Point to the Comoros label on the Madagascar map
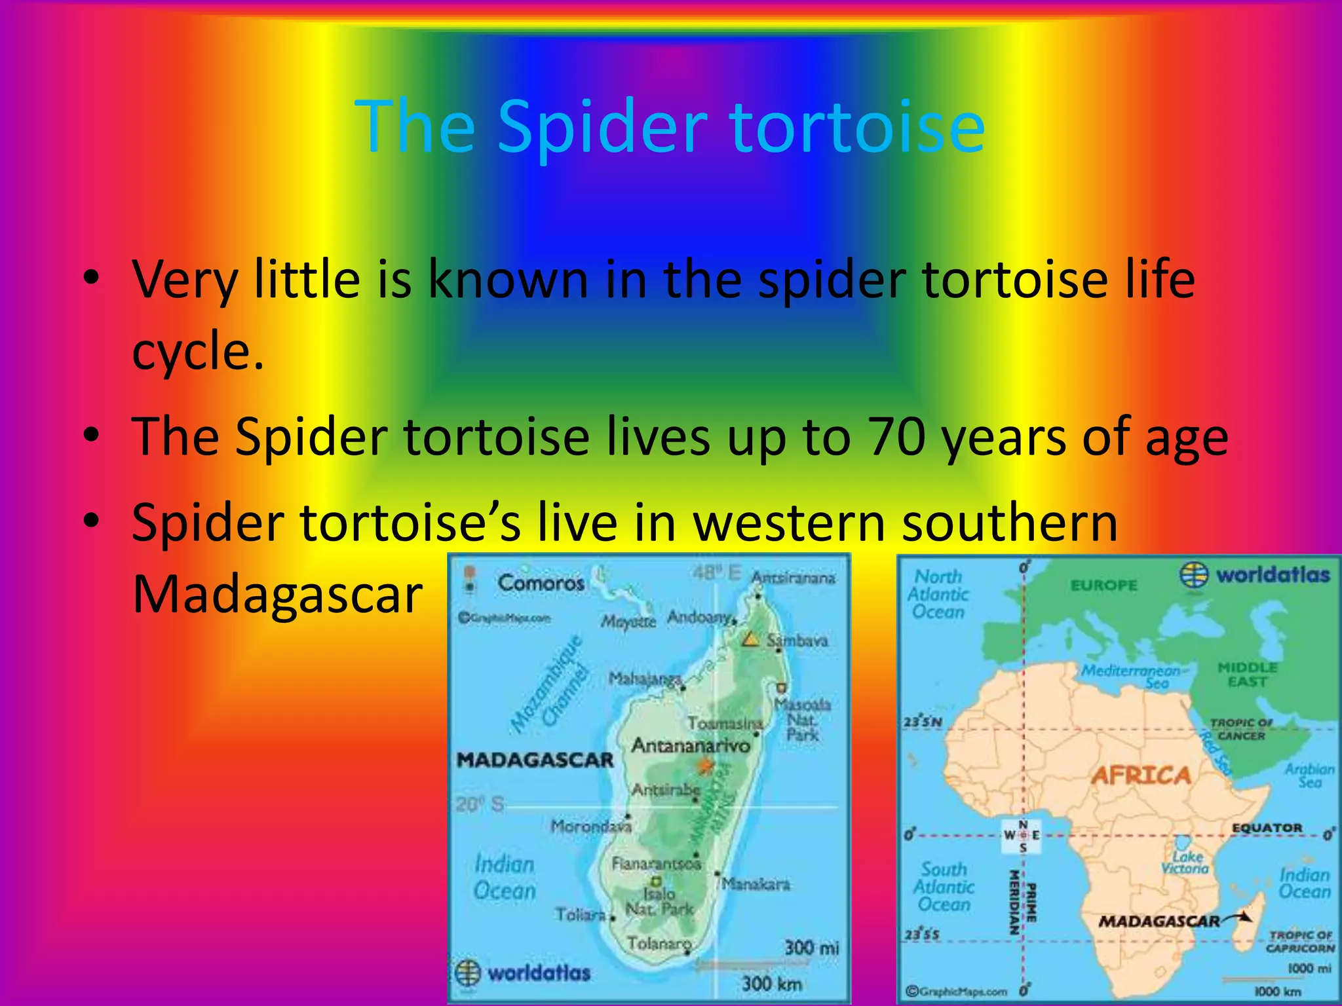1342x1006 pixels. [x=541, y=582]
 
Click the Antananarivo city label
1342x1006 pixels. [x=691, y=746]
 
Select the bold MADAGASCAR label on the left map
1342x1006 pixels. [x=535, y=760]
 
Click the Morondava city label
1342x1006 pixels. [x=590, y=827]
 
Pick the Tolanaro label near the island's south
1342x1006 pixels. [x=659, y=944]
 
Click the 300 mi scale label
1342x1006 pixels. [x=811, y=947]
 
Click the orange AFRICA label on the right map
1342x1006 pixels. [x=1140, y=776]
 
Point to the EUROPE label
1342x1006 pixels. [x=1103, y=585]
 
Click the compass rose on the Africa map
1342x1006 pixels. [x=1023, y=835]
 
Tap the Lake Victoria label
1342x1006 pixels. [x=1185, y=863]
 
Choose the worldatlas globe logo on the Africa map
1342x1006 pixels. [x=1194, y=575]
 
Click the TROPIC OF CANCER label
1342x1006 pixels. [x=1241, y=729]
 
